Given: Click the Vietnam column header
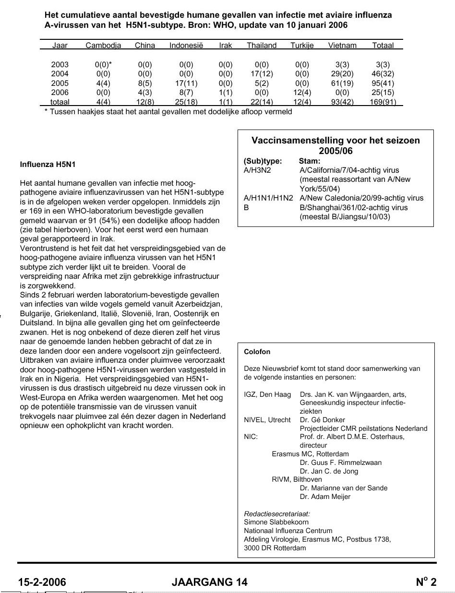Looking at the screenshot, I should coord(342,46).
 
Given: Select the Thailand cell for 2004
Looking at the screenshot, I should coord(262,74).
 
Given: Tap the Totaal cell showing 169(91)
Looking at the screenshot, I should coord(383,102).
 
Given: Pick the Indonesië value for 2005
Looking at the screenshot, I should coord(186,83).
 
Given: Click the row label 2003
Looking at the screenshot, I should coord(60,64).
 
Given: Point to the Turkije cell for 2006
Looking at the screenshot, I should coord(302,93).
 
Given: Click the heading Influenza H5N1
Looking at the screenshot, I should coord(48,165).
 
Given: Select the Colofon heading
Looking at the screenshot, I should coord(257,352).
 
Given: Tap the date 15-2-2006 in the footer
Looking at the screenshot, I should coord(42,582).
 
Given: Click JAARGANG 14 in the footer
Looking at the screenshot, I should coord(210,582).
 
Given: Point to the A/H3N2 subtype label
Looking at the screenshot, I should coord(258,170).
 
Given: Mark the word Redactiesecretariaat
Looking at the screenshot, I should coord(277,513).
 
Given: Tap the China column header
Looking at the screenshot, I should coord(145,46).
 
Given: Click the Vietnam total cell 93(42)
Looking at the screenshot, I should coord(342,102).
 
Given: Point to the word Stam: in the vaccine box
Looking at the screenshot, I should coord(310,161).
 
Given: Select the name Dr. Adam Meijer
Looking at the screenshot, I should coord(325,497).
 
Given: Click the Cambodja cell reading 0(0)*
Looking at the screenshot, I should coord(104,64).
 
